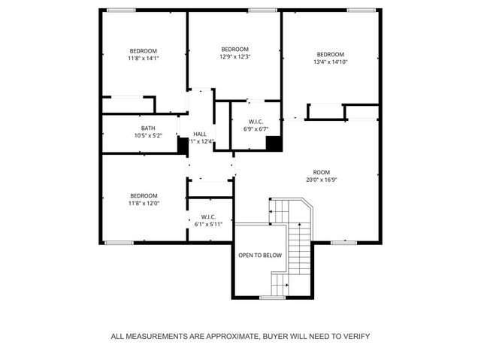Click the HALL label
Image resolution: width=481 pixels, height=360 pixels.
200,134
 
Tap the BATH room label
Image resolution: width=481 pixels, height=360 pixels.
148,128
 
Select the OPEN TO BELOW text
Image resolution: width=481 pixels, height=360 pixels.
260,256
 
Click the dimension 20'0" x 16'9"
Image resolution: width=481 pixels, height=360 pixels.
322,180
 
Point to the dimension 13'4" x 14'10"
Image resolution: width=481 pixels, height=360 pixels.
330,62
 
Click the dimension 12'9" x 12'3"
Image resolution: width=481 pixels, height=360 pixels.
234,56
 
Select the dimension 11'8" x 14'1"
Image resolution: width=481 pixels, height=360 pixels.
144,59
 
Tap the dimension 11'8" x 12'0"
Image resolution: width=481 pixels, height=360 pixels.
144,203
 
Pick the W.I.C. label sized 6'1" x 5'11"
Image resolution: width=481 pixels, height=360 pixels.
208,216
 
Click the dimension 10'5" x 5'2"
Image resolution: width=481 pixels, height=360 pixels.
148,136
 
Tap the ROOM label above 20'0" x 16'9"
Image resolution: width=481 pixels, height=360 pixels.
322,171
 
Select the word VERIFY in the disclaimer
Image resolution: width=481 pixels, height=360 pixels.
353,336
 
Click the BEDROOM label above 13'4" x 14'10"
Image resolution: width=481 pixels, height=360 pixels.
330,54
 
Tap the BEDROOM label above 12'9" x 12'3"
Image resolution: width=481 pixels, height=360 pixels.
234,48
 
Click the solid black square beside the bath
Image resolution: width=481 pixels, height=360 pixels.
183,144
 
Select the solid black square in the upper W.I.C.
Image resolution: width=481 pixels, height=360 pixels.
274,143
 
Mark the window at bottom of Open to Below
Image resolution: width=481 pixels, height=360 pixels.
272,298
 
